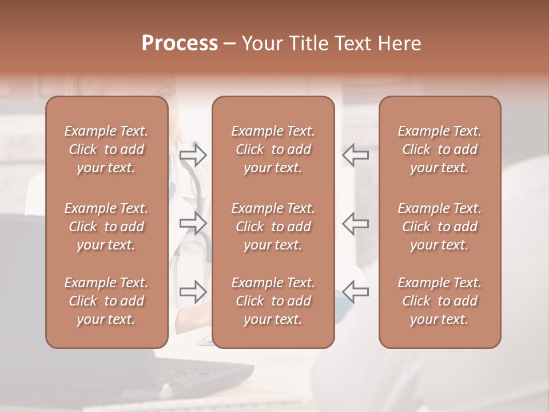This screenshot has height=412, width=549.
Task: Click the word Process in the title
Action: coord(180,43)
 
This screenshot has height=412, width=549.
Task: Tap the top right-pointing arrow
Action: coord(193,154)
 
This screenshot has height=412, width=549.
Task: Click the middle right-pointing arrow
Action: coord(193,223)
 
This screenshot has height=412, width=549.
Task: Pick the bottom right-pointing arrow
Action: coord(193,292)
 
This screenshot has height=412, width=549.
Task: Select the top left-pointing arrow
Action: coord(356,154)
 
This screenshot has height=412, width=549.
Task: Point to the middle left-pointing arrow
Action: coord(356,223)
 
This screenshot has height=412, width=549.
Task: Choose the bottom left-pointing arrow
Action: coord(356,292)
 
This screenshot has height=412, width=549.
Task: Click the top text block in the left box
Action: coord(106,149)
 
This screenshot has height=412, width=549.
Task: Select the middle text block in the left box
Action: coord(106,227)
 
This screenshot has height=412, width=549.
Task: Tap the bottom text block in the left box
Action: coord(106,301)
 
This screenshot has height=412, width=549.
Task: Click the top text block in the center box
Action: coord(273,149)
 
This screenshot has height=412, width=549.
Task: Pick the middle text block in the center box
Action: coord(273,227)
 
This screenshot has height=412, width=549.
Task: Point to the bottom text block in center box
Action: coord(273,301)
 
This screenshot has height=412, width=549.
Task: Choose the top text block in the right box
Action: coord(440,149)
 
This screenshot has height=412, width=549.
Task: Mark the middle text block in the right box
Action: coord(440,227)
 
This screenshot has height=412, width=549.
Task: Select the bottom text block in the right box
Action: coord(440,301)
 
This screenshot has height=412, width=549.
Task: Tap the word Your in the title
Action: coord(260,43)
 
